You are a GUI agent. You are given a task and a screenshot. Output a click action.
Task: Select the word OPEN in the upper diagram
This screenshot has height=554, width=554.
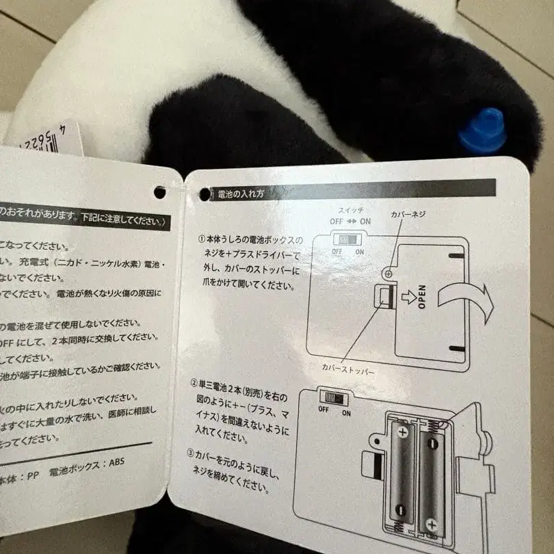tap(422, 298)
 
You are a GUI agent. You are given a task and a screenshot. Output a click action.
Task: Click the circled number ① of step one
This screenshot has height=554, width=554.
tap(202, 240)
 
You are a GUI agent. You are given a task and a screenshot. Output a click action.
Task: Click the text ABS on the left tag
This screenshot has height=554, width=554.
tap(114, 462)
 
